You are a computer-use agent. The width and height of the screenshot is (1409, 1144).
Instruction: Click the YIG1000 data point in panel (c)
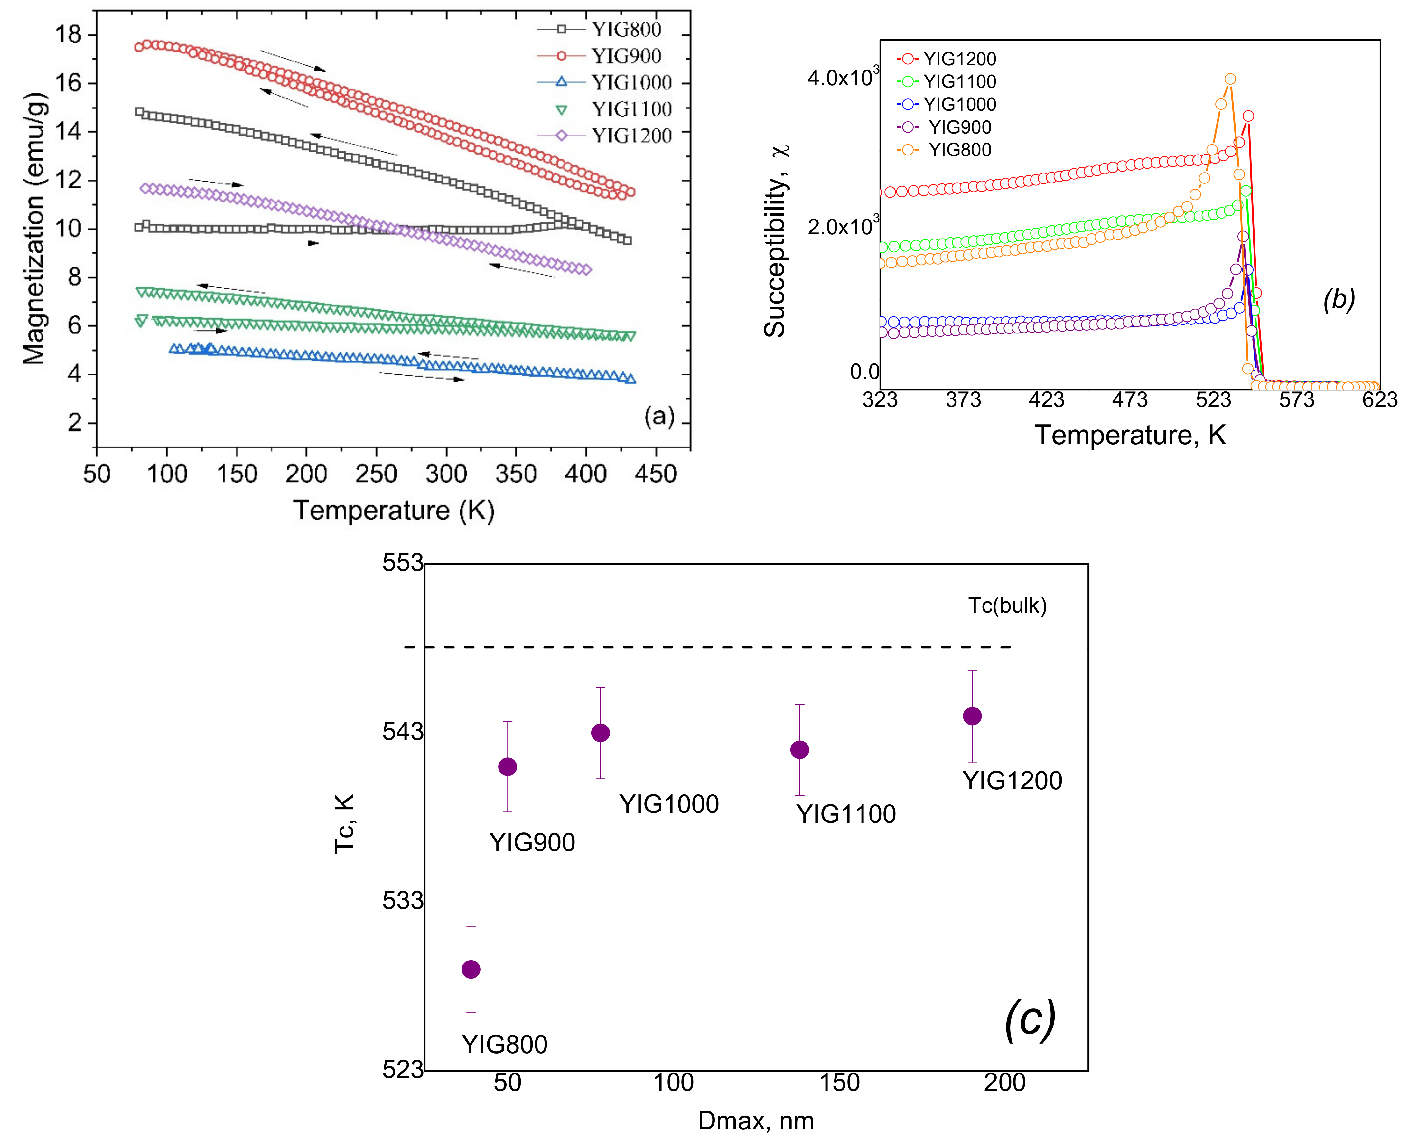tap(600, 733)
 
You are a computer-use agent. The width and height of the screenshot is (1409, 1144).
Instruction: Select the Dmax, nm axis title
tap(756, 1120)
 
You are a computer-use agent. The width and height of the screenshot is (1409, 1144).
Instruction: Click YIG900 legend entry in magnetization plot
tap(626, 56)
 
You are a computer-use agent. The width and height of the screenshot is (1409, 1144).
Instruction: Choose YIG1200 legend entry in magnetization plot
tap(631, 136)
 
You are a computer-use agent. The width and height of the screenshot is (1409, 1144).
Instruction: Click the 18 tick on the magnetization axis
tap(69, 34)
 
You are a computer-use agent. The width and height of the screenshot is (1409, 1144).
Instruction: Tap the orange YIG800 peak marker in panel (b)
tap(1229, 79)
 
